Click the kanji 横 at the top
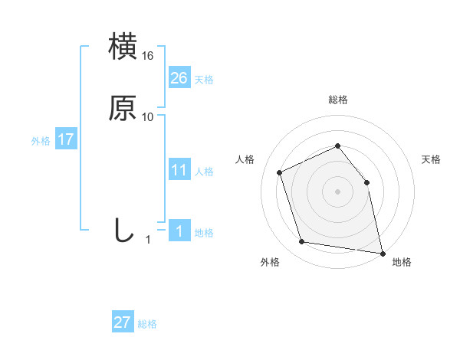123,47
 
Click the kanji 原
123,108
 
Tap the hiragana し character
123,230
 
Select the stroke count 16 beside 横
148,56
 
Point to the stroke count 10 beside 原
148,117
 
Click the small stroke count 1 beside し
148,240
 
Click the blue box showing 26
179,78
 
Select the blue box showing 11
179,170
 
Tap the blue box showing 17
65,139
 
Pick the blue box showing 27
122,322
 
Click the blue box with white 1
179,231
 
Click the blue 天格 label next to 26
204,80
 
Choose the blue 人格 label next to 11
204,172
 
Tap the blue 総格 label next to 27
147,324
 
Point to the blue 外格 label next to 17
41,141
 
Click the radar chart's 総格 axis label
337,100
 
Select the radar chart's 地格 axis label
402,262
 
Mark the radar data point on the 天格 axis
366,182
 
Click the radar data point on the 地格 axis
382,252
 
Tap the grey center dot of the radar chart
337,191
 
